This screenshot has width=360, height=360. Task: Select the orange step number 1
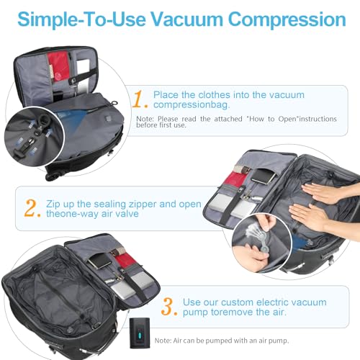click(x=138, y=98)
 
